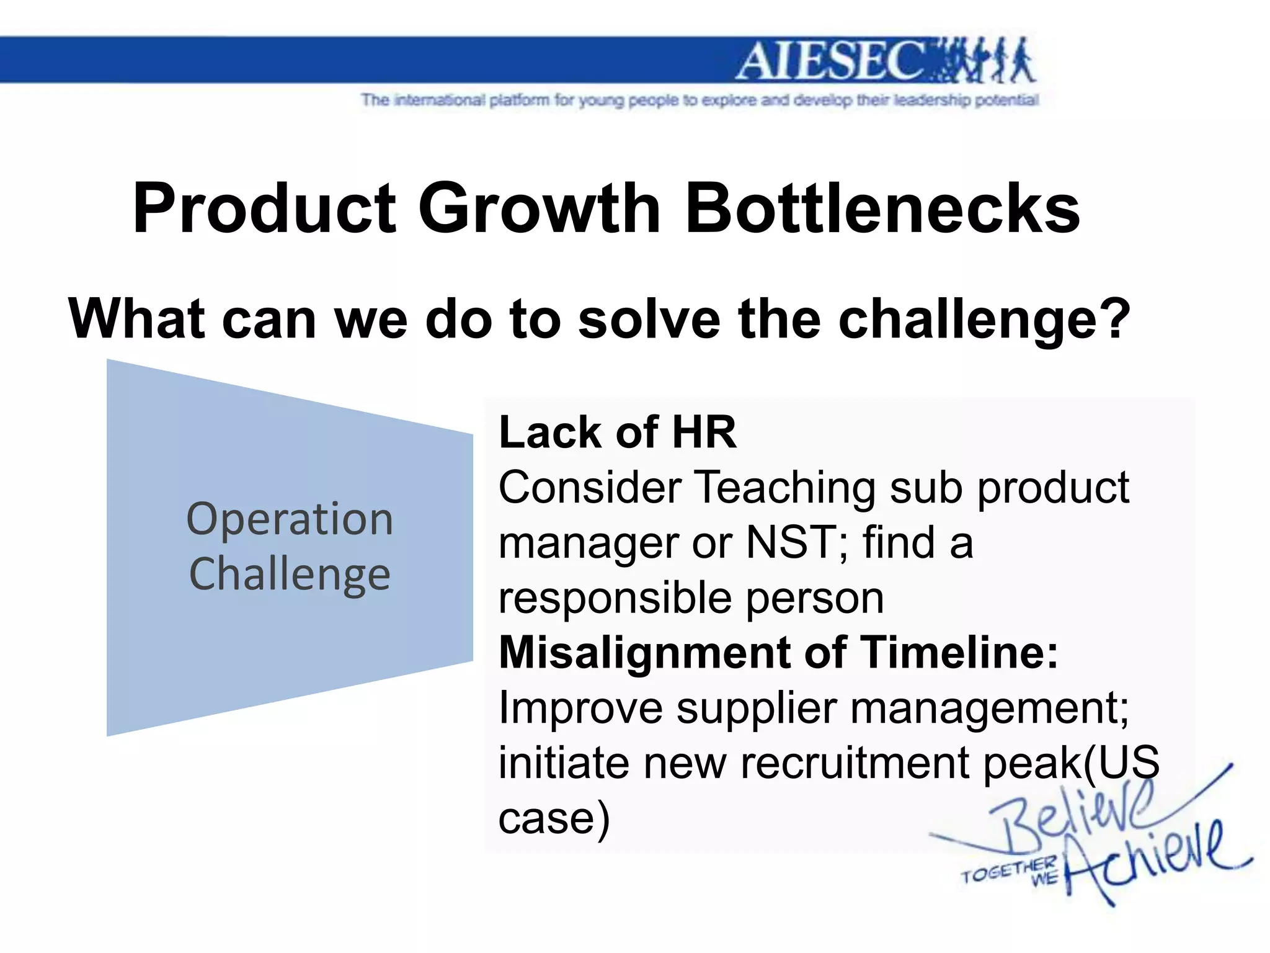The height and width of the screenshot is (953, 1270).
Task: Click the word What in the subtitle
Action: [136, 319]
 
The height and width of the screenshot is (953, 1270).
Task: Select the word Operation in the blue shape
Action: [290, 519]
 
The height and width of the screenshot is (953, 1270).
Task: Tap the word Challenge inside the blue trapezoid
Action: [290, 574]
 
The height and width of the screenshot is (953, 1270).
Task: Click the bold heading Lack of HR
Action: [618, 432]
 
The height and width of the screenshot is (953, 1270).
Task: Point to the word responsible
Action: [615, 599]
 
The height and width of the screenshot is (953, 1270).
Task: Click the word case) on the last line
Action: [554, 818]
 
